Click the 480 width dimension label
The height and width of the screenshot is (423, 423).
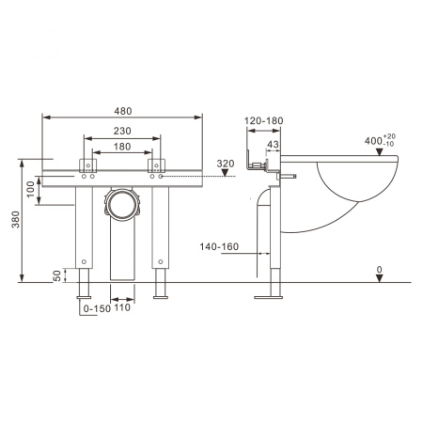(123, 111)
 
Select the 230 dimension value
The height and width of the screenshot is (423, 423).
(122, 131)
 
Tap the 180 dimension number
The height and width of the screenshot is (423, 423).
(122, 147)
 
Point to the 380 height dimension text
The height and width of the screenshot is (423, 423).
(15, 219)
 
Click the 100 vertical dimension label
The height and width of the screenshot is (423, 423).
(31, 189)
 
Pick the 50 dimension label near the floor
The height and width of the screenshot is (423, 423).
(57, 275)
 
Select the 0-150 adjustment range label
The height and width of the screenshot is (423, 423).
(97, 308)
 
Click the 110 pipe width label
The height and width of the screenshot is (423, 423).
(122, 307)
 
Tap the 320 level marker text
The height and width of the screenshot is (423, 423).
(226, 164)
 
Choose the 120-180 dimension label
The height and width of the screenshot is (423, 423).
(264, 120)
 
